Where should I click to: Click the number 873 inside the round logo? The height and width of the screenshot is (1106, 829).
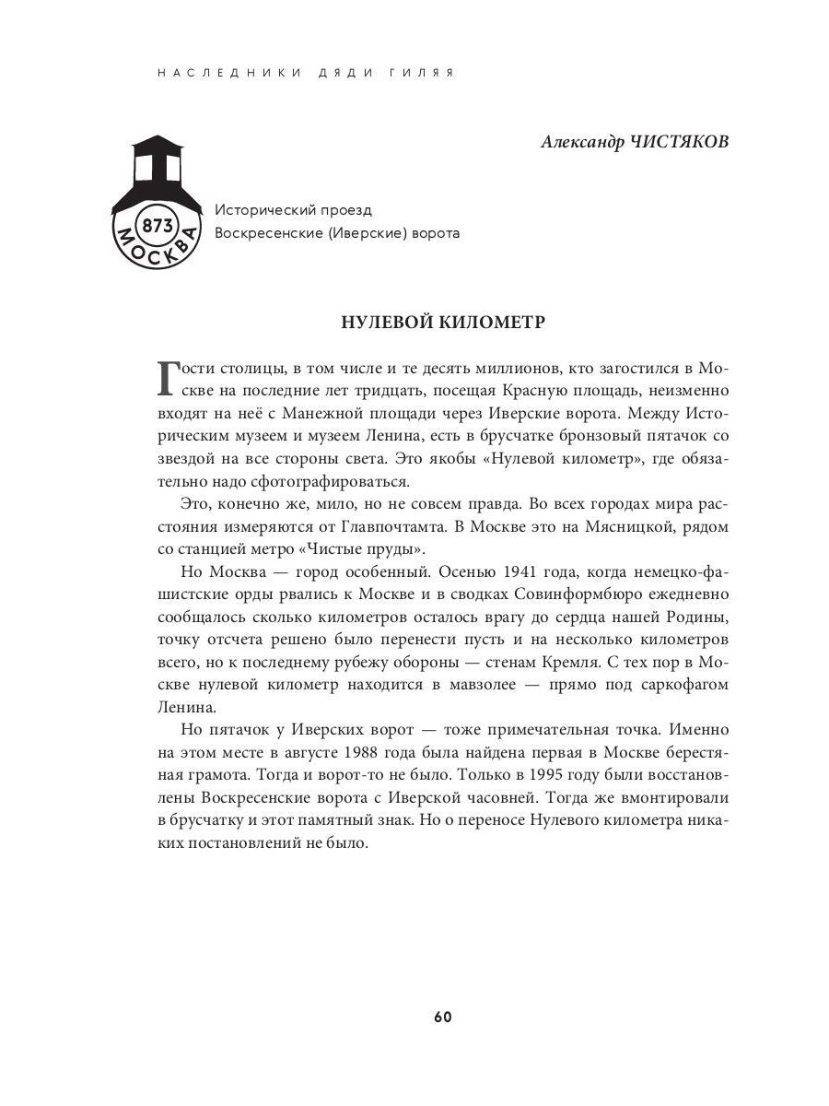click(153, 226)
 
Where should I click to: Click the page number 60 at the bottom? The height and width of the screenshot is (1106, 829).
click(442, 1017)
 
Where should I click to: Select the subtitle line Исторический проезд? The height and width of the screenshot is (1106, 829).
click(293, 210)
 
